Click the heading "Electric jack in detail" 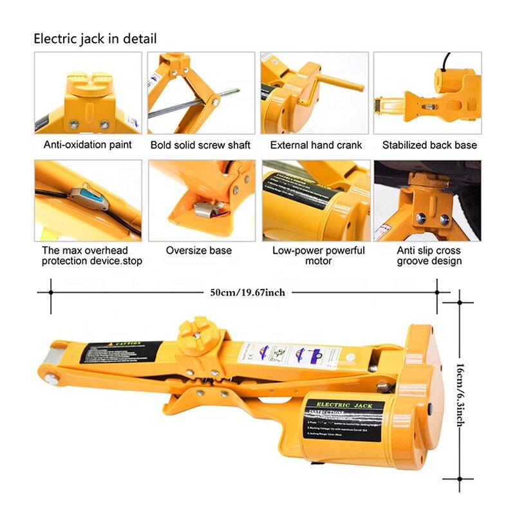click(95, 39)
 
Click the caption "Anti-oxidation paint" click(88, 145)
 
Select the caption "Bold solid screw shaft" click(200, 145)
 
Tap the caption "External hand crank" click(316, 145)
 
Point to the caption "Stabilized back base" click(429, 145)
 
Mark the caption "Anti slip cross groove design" click(429, 256)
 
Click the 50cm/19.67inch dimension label click(247, 292)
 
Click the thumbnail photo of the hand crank click(315, 93)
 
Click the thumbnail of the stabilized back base click(427, 93)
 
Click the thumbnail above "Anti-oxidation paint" click(88, 93)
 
